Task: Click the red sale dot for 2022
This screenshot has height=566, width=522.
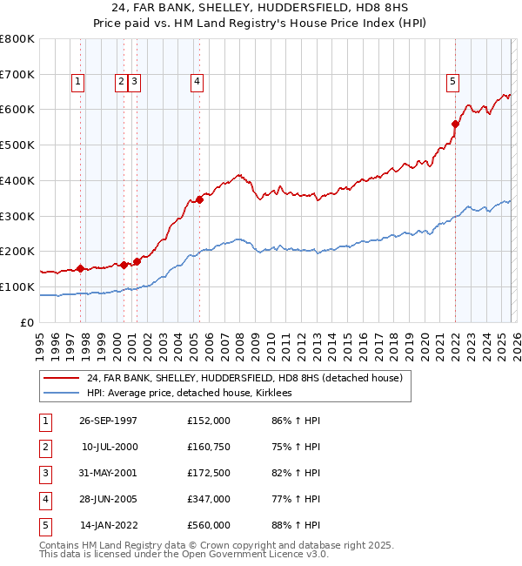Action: pyautogui.click(x=455, y=124)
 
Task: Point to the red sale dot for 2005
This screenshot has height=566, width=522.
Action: pyautogui.click(x=200, y=199)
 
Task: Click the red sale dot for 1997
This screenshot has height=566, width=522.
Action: pyautogui.click(x=81, y=268)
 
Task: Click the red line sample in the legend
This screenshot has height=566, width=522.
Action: pyautogui.click(x=61, y=378)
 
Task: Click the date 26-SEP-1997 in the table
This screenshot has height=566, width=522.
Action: pyautogui.click(x=108, y=421)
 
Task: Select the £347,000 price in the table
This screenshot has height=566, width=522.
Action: pyautogui.click(x=208, y=499)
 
